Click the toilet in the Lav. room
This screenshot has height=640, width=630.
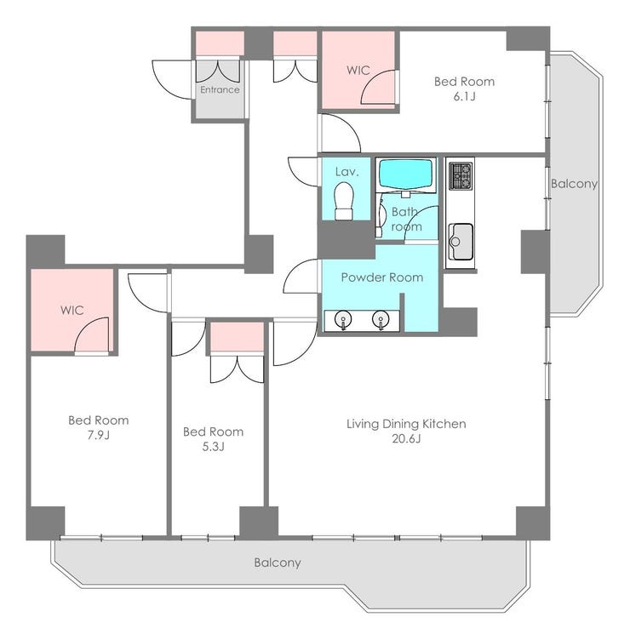tap(343, 201)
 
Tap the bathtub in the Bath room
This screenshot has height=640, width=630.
tap(405, 174)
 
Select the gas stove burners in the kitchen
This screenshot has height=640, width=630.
tap(460, 176)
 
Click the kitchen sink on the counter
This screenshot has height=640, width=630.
tap(461, 241)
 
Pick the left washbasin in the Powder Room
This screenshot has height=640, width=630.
tap(343, 319)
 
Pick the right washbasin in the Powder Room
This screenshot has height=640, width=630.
tap(381, 319)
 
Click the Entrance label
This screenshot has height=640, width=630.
tap(220, 90)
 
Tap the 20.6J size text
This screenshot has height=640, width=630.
tap(406, 439)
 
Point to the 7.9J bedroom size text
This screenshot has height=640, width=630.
tap(99, 436)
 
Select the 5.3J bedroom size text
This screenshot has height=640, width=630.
tap(213, 447)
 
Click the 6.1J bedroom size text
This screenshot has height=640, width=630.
tap(464, 97)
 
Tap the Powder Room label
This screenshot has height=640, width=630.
tap(382, 277)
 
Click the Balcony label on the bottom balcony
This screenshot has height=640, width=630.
tap(278, 563)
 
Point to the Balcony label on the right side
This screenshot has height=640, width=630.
tap(574, 184)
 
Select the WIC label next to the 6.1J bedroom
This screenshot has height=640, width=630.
tap(358, 70)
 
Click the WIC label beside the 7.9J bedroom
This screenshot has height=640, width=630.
tap(72, 310)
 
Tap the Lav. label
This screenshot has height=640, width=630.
tap(347, 172)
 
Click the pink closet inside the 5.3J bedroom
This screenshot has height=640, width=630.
tap(238, 337)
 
